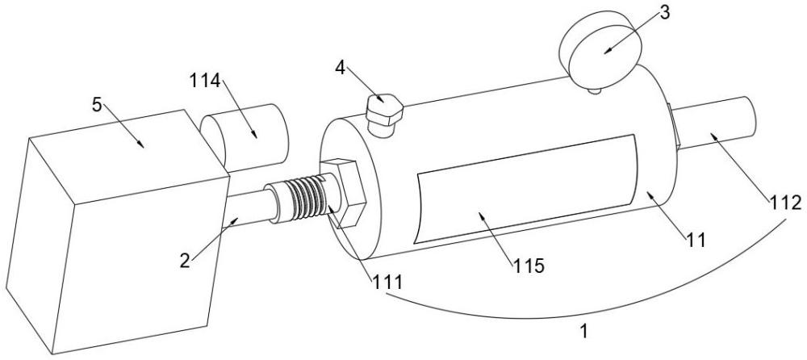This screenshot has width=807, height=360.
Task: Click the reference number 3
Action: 665,13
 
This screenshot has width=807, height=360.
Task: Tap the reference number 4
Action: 341,67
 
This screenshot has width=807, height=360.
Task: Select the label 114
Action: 205,81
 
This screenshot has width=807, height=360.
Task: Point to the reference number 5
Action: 98,106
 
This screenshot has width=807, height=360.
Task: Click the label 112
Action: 785,203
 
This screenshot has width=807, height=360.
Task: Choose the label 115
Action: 528,266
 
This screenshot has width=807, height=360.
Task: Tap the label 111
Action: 387,281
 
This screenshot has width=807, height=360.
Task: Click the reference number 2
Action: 185,261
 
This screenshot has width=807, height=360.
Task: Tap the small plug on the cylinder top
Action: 383,115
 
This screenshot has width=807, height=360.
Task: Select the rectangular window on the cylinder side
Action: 527,189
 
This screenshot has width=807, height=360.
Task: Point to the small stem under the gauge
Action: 595,90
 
